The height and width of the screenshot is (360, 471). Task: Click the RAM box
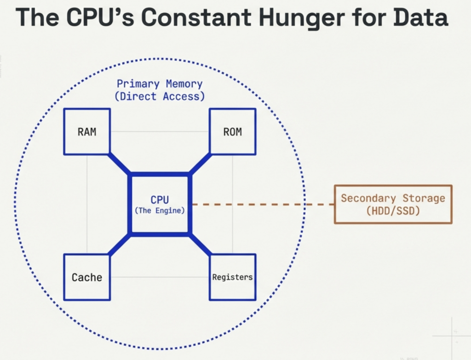(87, 131)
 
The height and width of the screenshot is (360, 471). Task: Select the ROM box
(232, 131)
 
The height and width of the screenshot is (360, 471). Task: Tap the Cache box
(87, 277)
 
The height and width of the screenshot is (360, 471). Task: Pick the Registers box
(232, 277)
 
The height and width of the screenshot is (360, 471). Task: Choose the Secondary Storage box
(393, 204)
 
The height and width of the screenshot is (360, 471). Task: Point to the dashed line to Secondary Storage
(262, 204)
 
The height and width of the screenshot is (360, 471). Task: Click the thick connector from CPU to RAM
(120, 164)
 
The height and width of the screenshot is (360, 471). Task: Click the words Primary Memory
(159, 84)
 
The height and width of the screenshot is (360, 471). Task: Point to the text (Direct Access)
(159, 97)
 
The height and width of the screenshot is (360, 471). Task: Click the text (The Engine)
(160, 211)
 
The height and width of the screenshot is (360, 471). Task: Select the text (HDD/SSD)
(393, 211)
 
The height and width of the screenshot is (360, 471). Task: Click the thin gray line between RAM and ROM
(160, 132)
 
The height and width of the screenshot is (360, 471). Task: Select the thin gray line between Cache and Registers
(160, 277)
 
